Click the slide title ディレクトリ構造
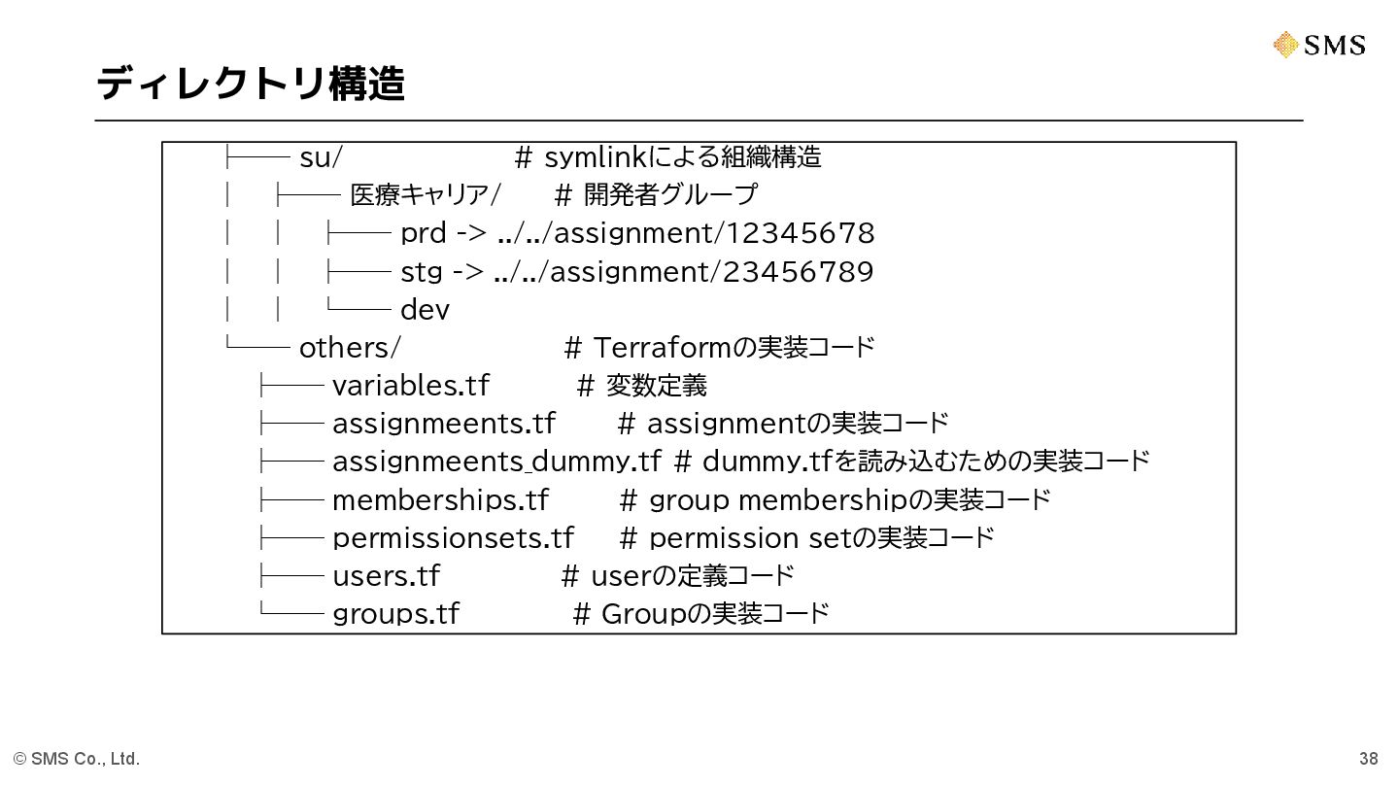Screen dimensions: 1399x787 pos(250,84)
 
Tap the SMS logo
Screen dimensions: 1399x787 pos(1318,45)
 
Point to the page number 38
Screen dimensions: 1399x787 pos(1368,759)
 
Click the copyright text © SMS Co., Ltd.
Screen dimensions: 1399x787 pos(77,759)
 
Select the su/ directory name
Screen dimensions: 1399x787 pos(321,157)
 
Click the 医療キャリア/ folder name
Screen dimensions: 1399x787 pos(425,195)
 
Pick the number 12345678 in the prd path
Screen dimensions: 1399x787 pos(800,233)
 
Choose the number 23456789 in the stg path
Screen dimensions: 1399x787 pos(798,271)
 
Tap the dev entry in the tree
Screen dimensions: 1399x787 pos(425,310)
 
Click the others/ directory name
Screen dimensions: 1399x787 pos(350,347)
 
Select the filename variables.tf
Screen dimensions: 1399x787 pos(410,386)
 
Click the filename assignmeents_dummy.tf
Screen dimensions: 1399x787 pos(496,461)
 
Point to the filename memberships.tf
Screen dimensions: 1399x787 pos(440,499)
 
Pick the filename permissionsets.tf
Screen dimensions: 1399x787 pos(453,537)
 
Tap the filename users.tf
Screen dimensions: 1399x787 pos(386,575)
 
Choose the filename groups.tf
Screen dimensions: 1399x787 pos(395,613)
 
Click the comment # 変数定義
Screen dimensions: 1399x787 pos(642,386)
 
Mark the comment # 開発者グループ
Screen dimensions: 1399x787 pos(656,195)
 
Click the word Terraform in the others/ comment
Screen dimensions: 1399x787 pos(661,347)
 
